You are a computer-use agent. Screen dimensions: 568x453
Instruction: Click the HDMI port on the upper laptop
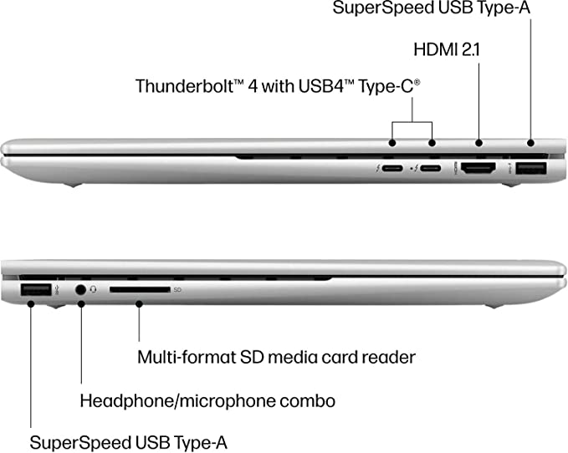point(478,168)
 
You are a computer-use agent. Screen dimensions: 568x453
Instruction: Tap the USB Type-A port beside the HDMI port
point(531,168)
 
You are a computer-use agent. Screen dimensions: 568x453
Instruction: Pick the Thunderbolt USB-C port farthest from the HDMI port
point(392,168)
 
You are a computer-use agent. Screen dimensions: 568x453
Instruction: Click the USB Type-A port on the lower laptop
point(35,289)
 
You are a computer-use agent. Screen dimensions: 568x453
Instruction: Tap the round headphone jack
point(81,290)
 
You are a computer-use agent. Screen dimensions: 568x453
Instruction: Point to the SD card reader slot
point(140,289)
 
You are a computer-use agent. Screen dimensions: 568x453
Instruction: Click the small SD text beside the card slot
point(177,290)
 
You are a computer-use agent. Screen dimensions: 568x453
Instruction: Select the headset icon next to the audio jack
point(94,289)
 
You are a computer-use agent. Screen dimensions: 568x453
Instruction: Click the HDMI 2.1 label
point(447,49)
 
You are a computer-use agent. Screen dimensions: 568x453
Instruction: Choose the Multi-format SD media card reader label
point(276,357)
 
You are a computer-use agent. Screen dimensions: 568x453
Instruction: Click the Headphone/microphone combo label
point(207,401)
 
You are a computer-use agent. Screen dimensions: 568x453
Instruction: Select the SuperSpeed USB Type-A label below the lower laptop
point(128,442)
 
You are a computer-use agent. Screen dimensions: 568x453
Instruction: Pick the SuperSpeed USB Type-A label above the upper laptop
point(432,8)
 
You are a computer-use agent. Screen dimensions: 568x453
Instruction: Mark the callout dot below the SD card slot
point(139,304)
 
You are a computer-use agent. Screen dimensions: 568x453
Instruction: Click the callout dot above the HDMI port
point(478,143)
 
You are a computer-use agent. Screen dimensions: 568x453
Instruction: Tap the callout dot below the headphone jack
point(81,304)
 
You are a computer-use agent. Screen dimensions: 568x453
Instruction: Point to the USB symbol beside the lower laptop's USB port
point(57,290)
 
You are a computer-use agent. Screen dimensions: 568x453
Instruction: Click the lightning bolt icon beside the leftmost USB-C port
point(378,168)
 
